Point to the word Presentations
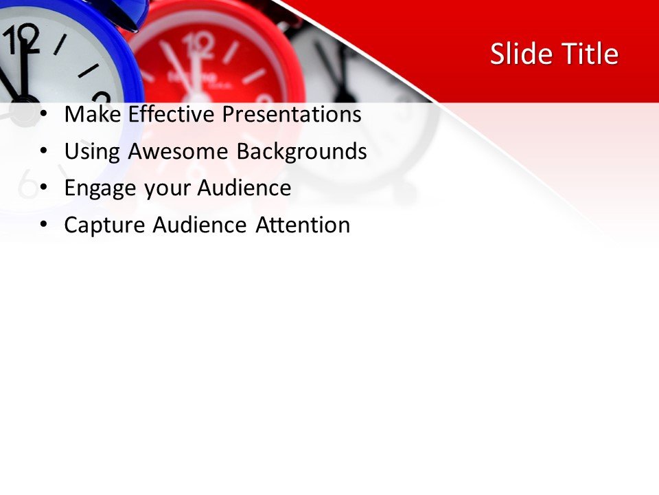(291, 114)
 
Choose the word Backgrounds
(301, 152)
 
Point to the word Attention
(303, 225)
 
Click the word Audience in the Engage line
(244, 188)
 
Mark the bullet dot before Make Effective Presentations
(45, 115)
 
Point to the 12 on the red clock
(200, 47)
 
